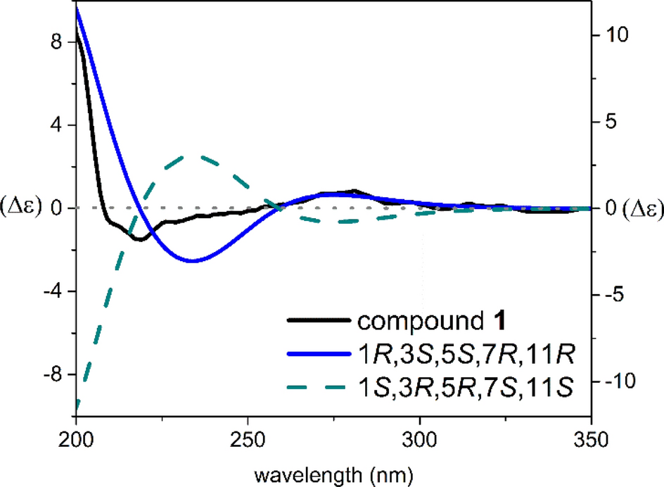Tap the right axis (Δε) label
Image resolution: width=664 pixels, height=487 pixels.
pyautogui.click(x=635, y=208)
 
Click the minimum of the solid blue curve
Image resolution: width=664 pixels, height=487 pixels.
pyautogui.click(x=192, y=261)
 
